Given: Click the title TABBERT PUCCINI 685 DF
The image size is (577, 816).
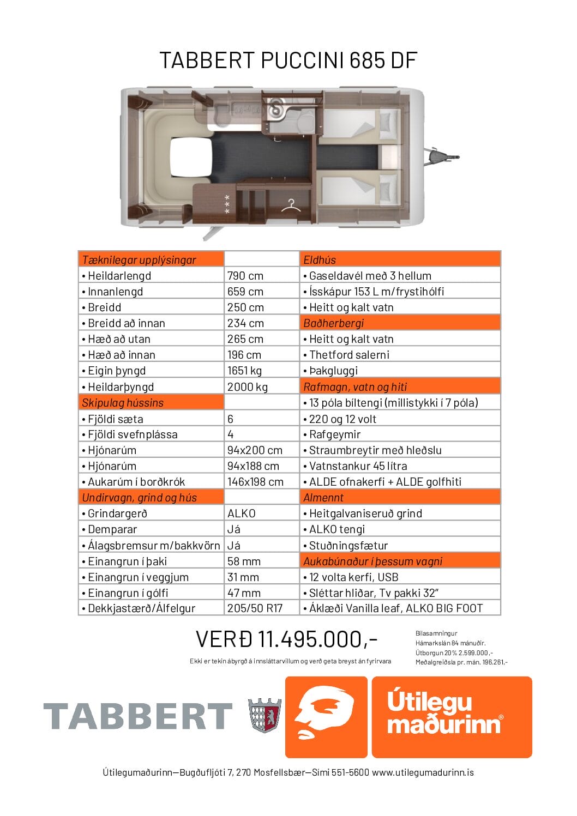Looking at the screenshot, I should [x=288, y=60].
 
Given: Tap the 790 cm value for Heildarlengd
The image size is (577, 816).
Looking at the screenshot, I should [x=245, y=276].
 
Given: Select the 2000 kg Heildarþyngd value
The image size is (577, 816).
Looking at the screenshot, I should [x=248, y=387].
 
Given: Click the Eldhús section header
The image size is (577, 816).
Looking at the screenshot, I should [x=320, y=260].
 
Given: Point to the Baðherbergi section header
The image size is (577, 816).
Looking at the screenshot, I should [x=333, y=323].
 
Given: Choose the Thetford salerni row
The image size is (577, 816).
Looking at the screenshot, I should [x=349, y=355].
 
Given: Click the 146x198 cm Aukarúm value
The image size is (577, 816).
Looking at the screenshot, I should [x=255, y=482].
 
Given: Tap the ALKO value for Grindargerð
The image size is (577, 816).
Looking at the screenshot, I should [x=242, y=513].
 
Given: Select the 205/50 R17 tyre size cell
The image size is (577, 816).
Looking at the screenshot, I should [x=255, y=608].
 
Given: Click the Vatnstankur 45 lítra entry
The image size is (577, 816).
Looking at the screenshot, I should [x=358, y=466].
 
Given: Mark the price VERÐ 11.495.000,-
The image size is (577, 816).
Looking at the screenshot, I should [x=286, y=639].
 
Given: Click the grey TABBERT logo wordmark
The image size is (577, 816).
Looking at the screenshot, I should [x=137, y=716].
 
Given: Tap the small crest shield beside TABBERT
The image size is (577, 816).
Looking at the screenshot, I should [x=264, y=715].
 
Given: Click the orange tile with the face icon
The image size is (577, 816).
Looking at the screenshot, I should [x=326, y=717].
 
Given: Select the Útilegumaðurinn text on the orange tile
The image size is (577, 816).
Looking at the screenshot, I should [x=444, y=712].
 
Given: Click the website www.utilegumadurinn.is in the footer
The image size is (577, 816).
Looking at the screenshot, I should [x=423, y=772].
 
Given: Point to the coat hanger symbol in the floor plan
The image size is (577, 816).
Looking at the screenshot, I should [x=291, y=205].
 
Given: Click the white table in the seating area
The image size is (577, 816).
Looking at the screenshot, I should [x=190, y=157].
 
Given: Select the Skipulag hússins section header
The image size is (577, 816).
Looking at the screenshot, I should [x=123, y=403].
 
